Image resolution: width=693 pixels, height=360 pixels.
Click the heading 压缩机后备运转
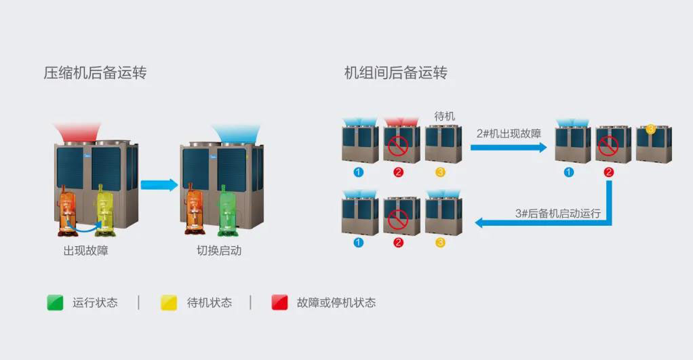[x=95, y=73]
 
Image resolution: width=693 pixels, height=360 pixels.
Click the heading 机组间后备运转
[x=396, y=73]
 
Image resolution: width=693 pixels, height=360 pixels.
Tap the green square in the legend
[x=55, y=302]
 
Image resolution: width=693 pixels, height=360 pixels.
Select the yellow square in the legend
[x=168, y=302]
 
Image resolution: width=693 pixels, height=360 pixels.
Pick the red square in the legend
[x=279, y=302]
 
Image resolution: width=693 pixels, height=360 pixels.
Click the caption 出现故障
[x=86, y=251]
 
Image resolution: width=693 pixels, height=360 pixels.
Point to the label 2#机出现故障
[x=509, y=134]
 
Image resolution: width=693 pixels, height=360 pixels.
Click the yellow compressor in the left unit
[x=106, y=207]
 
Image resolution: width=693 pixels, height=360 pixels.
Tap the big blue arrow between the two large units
[x=159, y=184]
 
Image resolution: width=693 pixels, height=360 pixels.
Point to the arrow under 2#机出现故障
[x=509, y=147]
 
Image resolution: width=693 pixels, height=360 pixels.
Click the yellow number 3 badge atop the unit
[x=651, y=129]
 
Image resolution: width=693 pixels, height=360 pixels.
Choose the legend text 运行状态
[x=95, y=303]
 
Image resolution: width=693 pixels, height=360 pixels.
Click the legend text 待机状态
[x=209, y=303]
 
